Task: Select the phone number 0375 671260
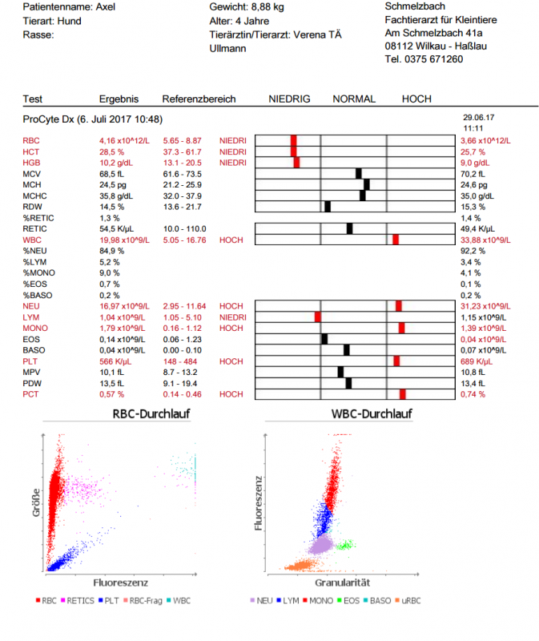[432, 58]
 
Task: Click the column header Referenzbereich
[199, 99]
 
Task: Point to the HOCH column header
[416, 99]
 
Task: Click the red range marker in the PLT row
[396, 361]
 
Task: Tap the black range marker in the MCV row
[359, 173]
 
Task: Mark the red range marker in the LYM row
[318, 316]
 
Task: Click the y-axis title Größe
[36, 502]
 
